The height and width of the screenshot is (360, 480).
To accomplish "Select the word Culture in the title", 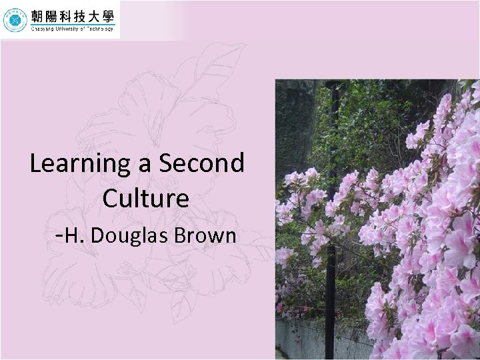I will click(x=146, y=198).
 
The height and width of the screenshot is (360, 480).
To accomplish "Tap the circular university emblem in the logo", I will click(x=15, y=20).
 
